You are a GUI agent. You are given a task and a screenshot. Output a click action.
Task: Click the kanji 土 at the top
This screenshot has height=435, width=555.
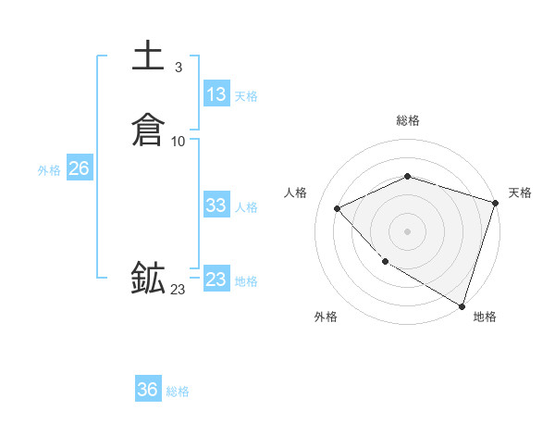[x=148, y=56]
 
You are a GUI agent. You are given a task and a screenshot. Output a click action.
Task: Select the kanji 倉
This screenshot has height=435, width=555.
[x=148, y=130]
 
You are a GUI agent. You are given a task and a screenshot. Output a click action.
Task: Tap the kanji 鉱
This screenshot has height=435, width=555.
[x=148, y=278]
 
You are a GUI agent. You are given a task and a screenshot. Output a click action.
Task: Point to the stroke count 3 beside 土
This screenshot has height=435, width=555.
[x=178, y=67]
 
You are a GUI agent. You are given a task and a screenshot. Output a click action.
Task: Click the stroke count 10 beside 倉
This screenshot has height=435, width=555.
[x=179, y=141]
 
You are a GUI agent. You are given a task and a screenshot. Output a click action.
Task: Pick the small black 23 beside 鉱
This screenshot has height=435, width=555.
[x=178, y=290]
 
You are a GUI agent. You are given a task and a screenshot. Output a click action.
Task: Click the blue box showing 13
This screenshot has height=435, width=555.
[x=216, y=94]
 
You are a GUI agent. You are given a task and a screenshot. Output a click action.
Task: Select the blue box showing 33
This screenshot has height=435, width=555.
[x=216, y=205]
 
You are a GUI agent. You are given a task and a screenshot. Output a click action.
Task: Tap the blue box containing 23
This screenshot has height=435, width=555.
[x=216, y=279]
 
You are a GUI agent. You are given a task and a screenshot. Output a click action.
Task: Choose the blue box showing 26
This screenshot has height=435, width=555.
[x=79, y=168]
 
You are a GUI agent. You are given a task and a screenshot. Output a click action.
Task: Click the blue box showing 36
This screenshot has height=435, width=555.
[x=148, y=390]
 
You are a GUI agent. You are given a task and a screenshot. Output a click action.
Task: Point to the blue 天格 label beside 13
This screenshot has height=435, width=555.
[x=246, y=96]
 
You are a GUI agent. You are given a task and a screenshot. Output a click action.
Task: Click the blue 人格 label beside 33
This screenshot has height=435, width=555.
[x=246, y=207]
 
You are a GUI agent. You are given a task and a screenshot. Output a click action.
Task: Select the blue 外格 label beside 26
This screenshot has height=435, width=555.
[x=49, y=170]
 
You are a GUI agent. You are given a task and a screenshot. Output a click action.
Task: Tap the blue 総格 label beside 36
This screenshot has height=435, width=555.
[x=178, y=391]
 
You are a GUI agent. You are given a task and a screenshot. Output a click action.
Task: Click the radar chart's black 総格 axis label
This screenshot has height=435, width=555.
[x=408, y=120]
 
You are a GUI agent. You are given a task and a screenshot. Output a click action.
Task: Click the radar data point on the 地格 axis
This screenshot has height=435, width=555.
[x=462, y=304]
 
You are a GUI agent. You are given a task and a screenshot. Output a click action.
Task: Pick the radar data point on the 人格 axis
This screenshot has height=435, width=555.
[x=338, y=208]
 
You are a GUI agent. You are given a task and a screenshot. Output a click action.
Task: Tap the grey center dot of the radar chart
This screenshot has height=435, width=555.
[x=408, y=230]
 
